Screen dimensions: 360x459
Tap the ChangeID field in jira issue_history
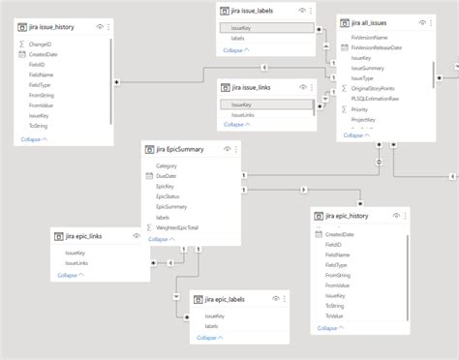click(42, 45)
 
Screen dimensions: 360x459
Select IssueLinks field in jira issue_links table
click(243, 114)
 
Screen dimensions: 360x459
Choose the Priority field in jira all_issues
click(360, 110)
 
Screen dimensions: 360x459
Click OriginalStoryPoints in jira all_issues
click(379, 89)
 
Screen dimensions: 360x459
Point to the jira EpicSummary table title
click(183, 150)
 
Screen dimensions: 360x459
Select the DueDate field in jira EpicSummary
click(166, 176)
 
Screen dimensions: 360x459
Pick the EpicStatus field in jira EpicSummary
click(168, 196)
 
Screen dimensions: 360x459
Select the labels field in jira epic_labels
click(212, 326)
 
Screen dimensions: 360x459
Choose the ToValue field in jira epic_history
click(334, 315)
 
